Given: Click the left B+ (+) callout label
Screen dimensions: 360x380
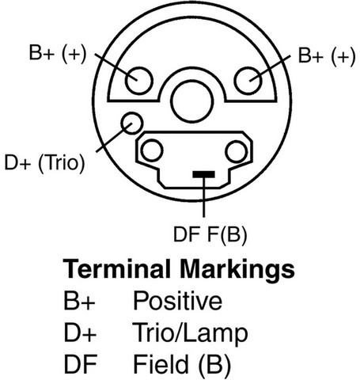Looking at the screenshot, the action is pos(58,54).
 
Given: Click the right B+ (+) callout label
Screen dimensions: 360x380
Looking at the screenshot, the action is pos(327,56).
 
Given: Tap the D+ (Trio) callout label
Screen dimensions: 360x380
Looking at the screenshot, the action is pos(44,163).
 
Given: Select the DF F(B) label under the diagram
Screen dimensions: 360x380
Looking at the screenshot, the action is pos(210,235).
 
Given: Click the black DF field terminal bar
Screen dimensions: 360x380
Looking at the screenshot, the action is pos(203,174).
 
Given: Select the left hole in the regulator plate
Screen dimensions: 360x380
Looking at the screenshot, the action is pos(152,150).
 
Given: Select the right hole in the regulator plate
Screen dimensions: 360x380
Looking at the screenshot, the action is pos(237,152).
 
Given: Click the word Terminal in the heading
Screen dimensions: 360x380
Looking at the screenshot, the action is pos(116,269).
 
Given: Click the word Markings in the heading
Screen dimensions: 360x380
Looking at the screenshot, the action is pos(237,270).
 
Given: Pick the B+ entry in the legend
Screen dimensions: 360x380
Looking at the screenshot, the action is pos(79,301).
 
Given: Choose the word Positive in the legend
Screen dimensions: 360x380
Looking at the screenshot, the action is pos(177,301).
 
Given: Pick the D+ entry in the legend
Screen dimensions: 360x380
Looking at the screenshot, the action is pos(80,332).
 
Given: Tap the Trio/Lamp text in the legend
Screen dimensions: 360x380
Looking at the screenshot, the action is pos(190,334).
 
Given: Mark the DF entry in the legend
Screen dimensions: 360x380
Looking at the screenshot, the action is pos(81,364).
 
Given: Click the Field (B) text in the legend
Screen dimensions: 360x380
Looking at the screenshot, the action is pos(182,365).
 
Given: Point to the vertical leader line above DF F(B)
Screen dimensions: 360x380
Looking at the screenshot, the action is pos(203,197).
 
